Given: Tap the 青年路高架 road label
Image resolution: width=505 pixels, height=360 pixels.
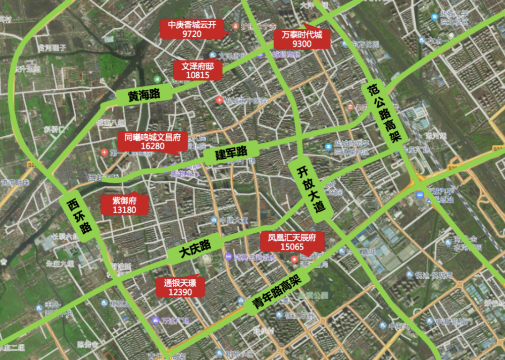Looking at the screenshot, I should (x=276, y=294).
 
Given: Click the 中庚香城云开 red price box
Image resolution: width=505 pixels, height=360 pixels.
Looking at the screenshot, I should (x=191, y=29).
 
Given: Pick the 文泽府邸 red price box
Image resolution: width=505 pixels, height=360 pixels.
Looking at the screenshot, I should (x=198, y=70).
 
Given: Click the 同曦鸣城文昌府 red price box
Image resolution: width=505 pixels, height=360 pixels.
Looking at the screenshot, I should (x=153, y=141).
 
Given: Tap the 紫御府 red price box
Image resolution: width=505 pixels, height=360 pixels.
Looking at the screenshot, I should (x=124, y=204).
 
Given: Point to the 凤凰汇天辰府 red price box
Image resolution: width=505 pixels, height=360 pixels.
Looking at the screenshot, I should (x=292, y=242).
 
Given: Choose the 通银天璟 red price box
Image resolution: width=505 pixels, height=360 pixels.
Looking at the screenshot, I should (x=180, y=287).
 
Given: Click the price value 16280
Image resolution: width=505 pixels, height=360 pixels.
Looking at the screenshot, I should (x=153, y=146).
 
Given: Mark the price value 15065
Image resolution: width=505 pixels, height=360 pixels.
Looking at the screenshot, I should (x=292, y=247).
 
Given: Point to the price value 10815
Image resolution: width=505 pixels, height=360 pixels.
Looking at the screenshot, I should (x=198, y=75).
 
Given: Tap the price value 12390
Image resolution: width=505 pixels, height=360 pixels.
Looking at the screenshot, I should (x=180, y=292).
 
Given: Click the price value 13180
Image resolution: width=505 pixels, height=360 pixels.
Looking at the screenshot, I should (x=124, y=210).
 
